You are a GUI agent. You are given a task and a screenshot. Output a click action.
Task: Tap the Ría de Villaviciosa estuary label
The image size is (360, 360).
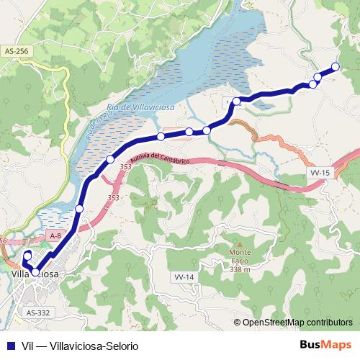(x=140, y=108)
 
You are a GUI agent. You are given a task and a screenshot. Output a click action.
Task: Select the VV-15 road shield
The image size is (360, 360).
(x=320, y=173)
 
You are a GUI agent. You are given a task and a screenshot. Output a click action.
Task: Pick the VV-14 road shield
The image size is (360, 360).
(x=184, y=277)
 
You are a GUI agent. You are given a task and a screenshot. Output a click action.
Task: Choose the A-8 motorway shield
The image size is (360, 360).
(x=56, y=236)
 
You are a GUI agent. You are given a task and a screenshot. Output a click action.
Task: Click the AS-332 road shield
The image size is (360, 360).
(x=37, y=312)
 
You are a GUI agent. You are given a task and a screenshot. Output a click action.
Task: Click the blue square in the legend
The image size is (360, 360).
(x=10, y=346)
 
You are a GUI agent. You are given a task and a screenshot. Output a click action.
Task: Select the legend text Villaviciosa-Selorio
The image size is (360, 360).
(x=90, y=346)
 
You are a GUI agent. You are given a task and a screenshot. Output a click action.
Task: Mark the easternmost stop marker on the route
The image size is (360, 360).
(x=335, y=67)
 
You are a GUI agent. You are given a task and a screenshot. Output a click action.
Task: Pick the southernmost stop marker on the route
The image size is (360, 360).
(x=34, y=272)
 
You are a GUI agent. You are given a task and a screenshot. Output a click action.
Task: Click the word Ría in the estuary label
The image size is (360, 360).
(x=112, y=108)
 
